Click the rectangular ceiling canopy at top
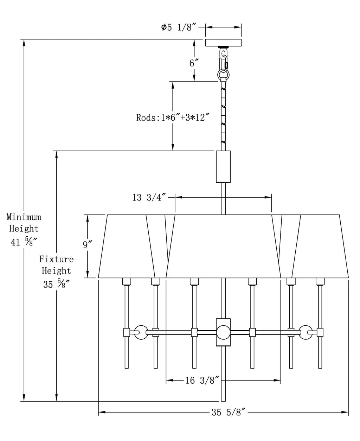pos(223,43)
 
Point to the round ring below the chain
pos(223,75)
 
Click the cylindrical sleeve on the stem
pos(223,166)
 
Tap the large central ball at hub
pos(223,332)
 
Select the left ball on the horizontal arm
pos(141,332)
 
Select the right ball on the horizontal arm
pos(305,332)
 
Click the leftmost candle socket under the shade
pos(127,281)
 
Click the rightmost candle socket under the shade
pos(320,281)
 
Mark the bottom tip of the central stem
pos(223,400)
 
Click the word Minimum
pos(24,217)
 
